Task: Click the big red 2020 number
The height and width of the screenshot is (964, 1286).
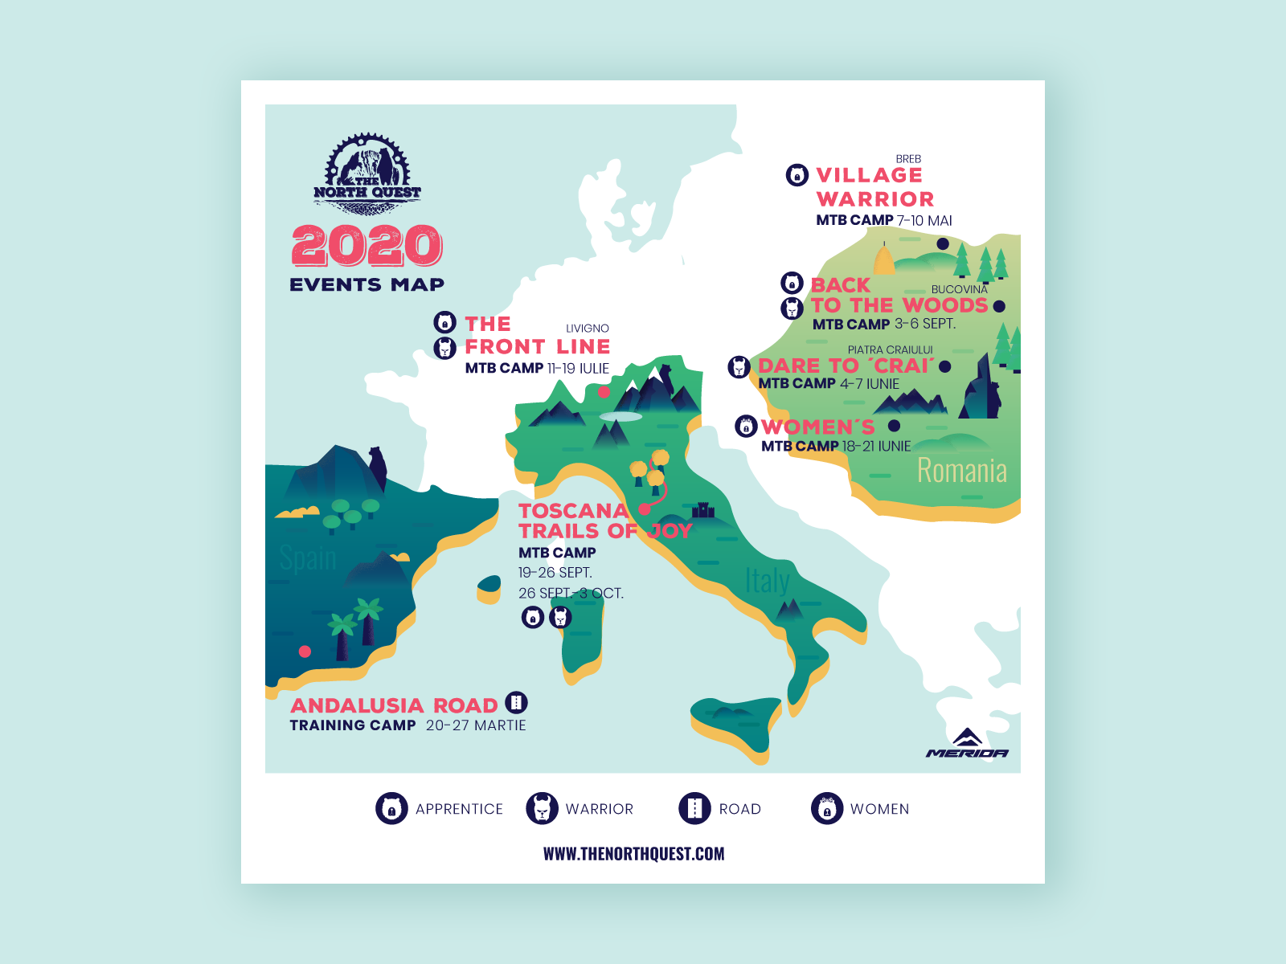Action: (x=367, y=246)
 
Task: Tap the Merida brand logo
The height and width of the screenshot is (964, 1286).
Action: (x=968, y=744)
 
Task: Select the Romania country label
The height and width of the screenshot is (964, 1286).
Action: (x=961, y=471)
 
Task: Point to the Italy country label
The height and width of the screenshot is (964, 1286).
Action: (x=767, y=581)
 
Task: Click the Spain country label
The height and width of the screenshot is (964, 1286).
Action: (x=308, y=558)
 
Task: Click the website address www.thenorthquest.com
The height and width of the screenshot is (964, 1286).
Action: (x=633, y=854)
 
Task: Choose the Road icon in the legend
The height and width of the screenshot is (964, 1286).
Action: (x=695, y=808)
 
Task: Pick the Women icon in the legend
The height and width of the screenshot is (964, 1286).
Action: (x=826, y=808)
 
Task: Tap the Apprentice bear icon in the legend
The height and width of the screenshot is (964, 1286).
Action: (x=391, y=808)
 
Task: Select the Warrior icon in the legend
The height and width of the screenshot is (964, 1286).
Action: (x=542, y=808)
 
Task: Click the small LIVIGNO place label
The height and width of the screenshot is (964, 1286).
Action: (x=588, y=329)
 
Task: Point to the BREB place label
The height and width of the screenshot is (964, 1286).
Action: (x=908, y=159)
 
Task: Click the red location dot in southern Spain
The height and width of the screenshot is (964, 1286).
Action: (x=305, y=652)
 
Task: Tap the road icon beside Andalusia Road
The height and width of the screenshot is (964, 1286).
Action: (x=516, y=703)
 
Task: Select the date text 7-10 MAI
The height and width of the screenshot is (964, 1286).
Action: (x=924, y=220)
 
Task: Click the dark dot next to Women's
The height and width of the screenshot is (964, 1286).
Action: (x=894, y=426)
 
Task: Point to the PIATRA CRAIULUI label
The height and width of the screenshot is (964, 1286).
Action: (x=890, y=350)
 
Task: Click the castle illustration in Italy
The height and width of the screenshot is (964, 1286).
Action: (x=703, y=509)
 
